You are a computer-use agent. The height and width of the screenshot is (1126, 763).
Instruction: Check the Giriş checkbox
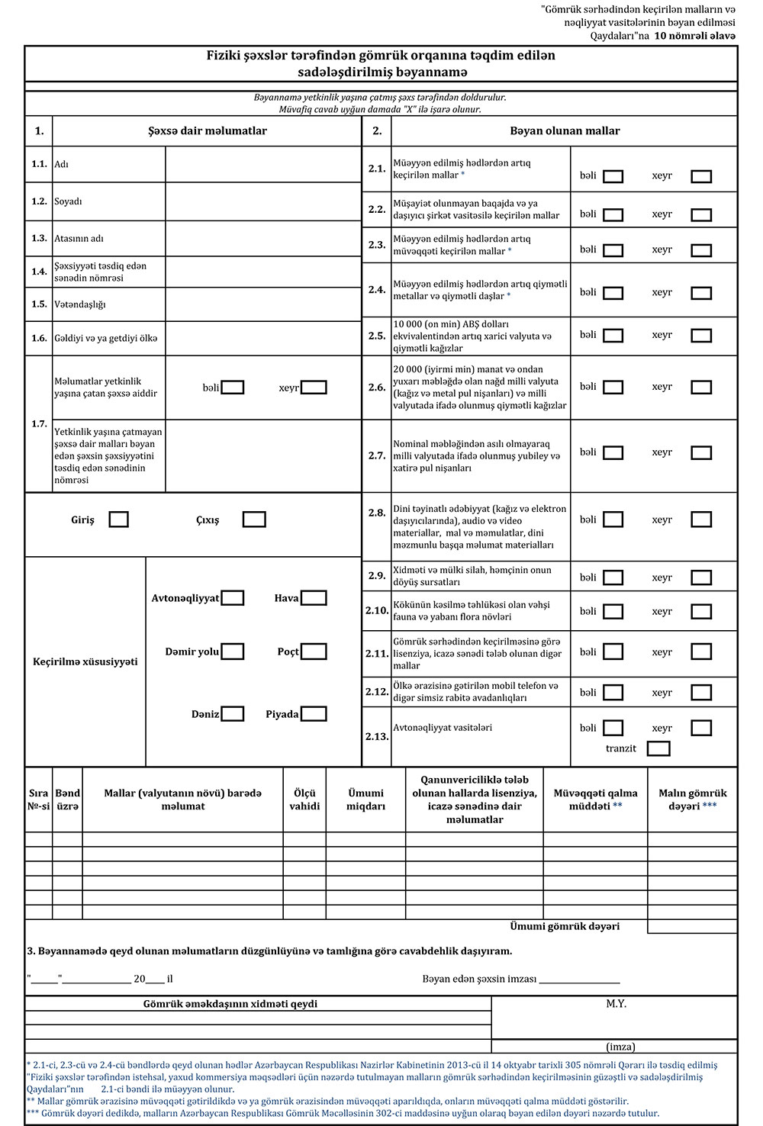pos(118,520)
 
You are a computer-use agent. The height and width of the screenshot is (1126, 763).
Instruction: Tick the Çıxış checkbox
pos(254,520)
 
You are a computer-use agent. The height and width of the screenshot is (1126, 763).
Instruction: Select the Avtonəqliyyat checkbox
pos(233,598)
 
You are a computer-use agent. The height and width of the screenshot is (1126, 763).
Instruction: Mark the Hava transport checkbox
pos(314,598)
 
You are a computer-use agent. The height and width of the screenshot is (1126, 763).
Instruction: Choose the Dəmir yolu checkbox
pos(233,651)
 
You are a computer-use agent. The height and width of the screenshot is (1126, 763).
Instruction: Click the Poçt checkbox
pos(314,651)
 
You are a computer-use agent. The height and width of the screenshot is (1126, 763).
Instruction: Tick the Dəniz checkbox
pos(233,714)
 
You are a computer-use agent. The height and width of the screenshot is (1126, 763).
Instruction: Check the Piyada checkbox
pos(314,714)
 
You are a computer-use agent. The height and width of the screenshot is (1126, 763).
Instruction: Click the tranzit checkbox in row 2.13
pos(658,748)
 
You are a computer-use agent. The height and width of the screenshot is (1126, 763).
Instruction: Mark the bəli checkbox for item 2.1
pos(613,176)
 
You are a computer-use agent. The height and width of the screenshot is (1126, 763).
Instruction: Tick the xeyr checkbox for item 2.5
pos(701,336)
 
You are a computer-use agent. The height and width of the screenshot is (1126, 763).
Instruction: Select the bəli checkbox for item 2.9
pos(613,577)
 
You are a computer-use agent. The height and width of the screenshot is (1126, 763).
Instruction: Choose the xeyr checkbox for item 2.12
pos(701,693)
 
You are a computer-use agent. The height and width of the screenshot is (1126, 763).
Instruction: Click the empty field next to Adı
pos(262,164)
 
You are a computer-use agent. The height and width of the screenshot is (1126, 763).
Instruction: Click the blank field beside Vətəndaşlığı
pos(262,304)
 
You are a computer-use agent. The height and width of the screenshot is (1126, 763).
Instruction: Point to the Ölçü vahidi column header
pos(304,799)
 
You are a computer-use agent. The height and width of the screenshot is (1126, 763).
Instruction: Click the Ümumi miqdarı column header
pos(365,799)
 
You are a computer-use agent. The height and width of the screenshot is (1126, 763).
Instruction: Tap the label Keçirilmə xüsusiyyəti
pos(85,661)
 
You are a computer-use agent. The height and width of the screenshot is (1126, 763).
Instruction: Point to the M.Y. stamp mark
pos(617,1004)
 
